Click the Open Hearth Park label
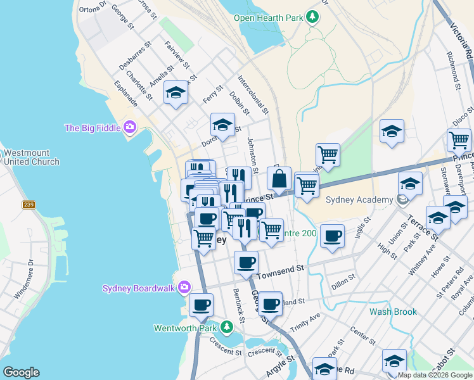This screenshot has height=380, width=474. click(269, 17)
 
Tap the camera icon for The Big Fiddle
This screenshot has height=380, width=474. click(131, 128)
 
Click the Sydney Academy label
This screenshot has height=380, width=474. click(359, 201)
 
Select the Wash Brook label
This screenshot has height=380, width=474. click(393, 312)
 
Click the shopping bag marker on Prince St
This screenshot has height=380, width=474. click(279, 180)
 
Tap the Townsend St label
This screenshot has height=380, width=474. click(281, 270)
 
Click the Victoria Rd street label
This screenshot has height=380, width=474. click(461, 38)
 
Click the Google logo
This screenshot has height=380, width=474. click(21, 372)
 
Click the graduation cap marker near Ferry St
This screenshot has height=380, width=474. click(176, 94)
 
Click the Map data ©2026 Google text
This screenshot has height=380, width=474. click(434, 375)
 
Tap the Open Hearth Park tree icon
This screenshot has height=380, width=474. click(312, 16)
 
